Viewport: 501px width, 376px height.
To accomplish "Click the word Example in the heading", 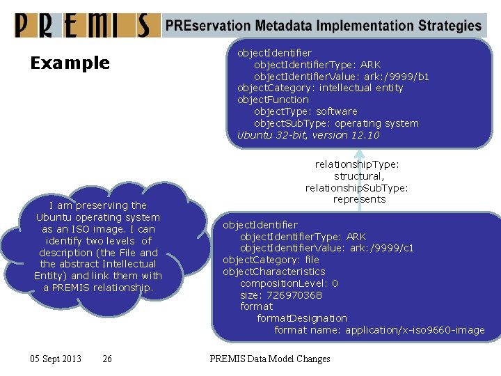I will pyautogui.click(x=70, y=63).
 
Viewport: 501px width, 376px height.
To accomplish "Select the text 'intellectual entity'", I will pyautogui.click(x=361, y=88).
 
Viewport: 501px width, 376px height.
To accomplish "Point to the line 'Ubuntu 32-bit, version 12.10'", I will pyautogui.click(x=308, y=135).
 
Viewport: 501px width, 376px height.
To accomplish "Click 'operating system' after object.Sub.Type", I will pyautogui.click(x=376, y=123).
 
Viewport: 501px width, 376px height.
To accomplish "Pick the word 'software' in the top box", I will pyautogui.click(x=337, y=111).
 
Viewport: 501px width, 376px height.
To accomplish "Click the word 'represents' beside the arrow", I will pyautogui.click(x=359, y=199).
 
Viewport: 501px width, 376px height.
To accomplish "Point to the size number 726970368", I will pyautogui.click(x=294, y=295).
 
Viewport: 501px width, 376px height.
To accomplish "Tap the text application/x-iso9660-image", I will pyautogui.click(x=415, y=330).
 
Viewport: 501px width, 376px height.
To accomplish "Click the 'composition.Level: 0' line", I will pyautogui.click(x=289, y=283).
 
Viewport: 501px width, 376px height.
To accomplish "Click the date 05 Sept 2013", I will pyautogui.click(x=56, y=359).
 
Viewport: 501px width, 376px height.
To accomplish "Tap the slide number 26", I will pyautogui.click(x=106, y=359).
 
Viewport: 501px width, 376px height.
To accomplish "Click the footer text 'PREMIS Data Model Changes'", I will pyautogui.click(x=270, y=359).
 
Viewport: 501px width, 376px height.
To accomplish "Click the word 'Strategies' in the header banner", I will pyautogui.click(x=450, y=26).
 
